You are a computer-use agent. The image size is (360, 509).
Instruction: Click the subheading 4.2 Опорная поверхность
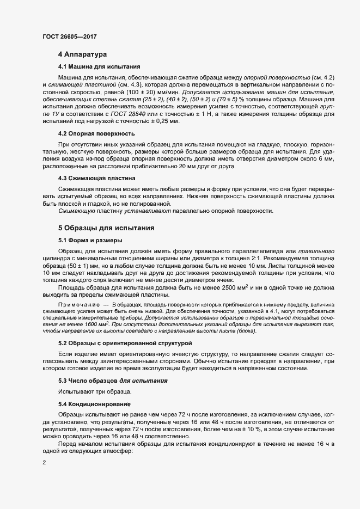[97, 133]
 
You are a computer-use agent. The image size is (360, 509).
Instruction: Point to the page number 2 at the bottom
[44, 494]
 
